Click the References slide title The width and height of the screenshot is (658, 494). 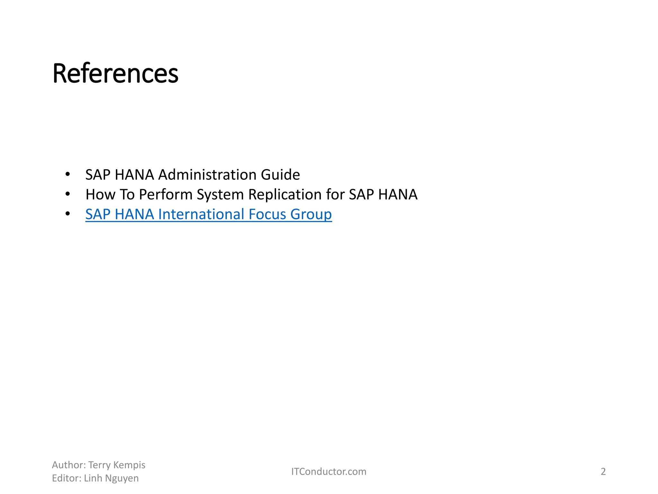(115, 74)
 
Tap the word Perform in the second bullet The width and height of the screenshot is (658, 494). (165, 195)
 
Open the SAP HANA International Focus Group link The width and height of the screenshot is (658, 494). (208, 214)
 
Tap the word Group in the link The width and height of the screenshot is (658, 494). (311, 214)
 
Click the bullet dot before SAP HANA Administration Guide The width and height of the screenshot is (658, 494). (67, 175)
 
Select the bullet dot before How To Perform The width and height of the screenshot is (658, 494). (67, 194)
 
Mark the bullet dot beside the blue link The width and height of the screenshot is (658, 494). (67, 214)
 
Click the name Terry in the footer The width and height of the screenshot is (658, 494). (100, 465)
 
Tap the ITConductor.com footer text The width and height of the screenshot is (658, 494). (329, 471)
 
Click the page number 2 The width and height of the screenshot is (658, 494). (603, 471)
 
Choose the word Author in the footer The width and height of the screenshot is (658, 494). (68, 465)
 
